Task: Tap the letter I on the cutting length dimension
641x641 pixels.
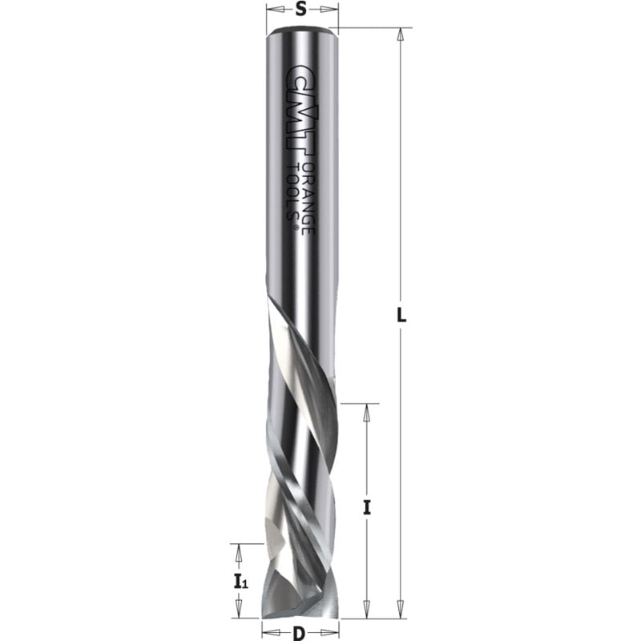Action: (x=366, y=506)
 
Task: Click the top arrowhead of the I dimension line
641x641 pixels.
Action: (x=367, y=409)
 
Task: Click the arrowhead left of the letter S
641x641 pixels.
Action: (x=271, y=10)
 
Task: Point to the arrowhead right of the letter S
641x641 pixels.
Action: (x=330, y=10)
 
